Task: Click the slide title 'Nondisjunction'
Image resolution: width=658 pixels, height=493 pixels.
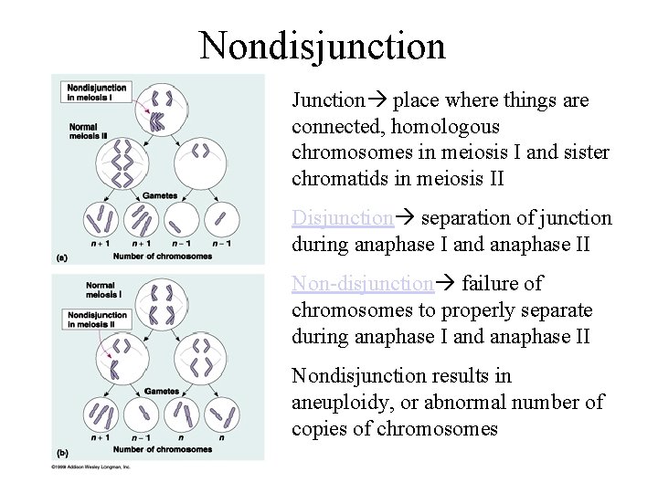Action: click(323, 45)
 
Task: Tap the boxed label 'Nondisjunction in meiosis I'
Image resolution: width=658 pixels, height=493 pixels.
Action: click(97, 91)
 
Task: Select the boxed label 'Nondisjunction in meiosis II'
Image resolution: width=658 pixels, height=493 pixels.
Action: click(97, 320)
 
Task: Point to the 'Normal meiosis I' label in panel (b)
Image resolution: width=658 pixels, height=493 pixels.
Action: click(101, 289)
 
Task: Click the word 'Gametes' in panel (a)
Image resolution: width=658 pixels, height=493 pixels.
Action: click(159, 195)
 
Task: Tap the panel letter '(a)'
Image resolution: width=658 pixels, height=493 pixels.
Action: click(61, 258)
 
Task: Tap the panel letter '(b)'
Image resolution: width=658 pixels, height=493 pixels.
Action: click(61, 451)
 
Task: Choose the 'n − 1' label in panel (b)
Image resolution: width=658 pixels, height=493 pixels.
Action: click(141, 436)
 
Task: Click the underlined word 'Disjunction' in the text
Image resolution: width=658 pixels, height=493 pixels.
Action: click(343, 218)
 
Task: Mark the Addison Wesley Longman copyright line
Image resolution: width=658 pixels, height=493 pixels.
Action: click(92, 467)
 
